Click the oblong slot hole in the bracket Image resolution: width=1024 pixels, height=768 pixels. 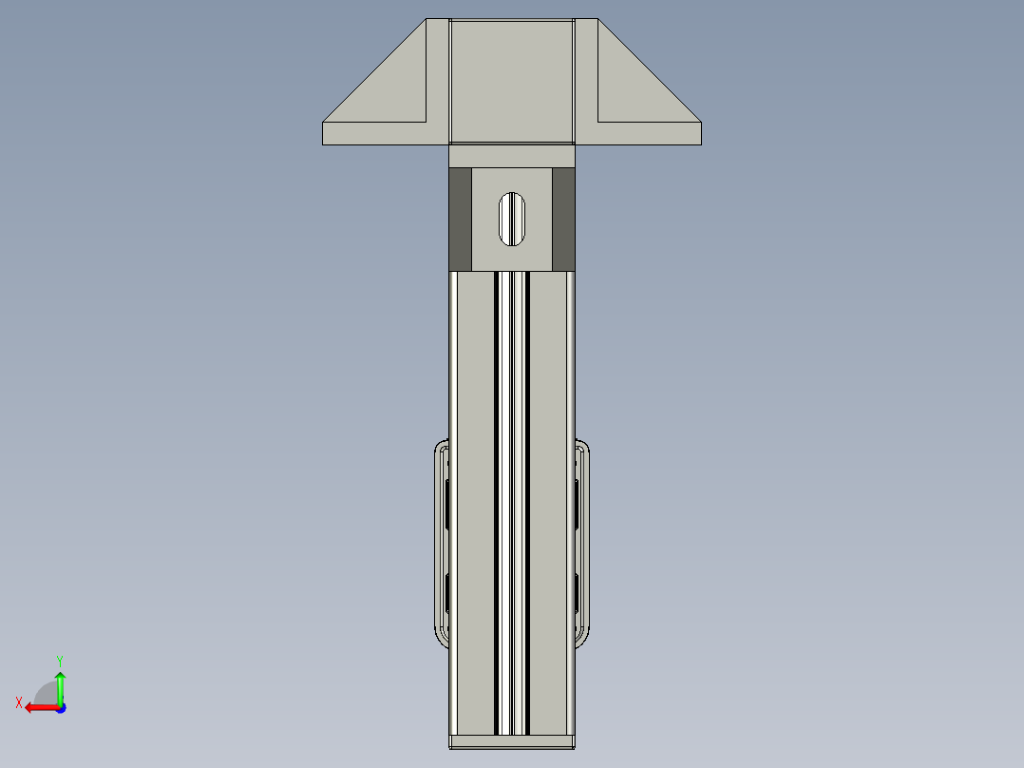pyautogui.click(x=511, y=219)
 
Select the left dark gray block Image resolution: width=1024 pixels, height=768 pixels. pyautogui.click(x=461, y=219)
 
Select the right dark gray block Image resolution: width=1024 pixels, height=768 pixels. pyautogui.click(x=563, y=219)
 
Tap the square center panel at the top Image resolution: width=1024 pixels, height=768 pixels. pyautogui.click(x=512, y=81)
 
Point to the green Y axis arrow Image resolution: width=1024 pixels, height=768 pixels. pyautogui.click(x=60, y=687)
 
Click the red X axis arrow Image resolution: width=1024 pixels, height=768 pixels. pyautogui.click(x=43, y=707)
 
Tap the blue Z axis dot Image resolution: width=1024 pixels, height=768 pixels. pyautogui.click(x=61, y=708)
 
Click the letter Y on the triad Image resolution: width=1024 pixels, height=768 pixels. pyautogui.click(x=60, y=661)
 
